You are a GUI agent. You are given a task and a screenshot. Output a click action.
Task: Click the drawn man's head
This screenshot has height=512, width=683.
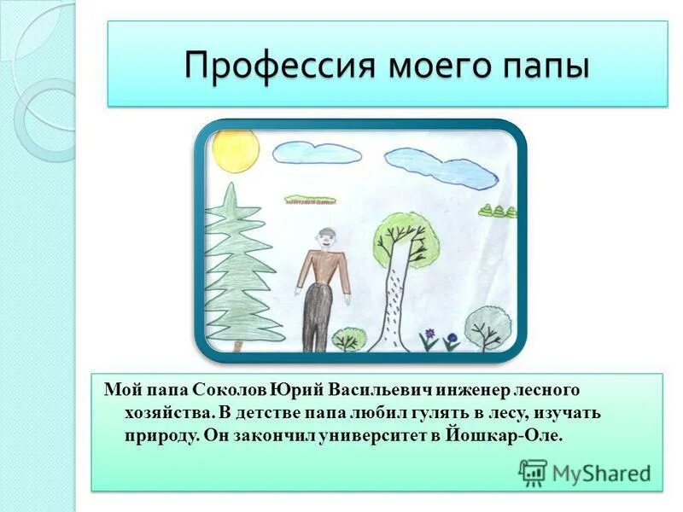[x=325, y=240]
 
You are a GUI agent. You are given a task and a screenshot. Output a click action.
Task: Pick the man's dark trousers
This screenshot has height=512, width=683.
[x=317, y=316]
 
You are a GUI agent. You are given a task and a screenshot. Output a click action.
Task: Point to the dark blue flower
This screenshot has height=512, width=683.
[x=452, y=339]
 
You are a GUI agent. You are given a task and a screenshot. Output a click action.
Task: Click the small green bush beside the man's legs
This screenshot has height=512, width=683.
[x=347, y=339]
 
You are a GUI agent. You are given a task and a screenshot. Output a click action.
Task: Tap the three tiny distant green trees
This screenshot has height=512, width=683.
[x=497, y=210]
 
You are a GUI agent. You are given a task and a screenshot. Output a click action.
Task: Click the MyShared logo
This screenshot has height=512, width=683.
[x=585, y=472]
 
